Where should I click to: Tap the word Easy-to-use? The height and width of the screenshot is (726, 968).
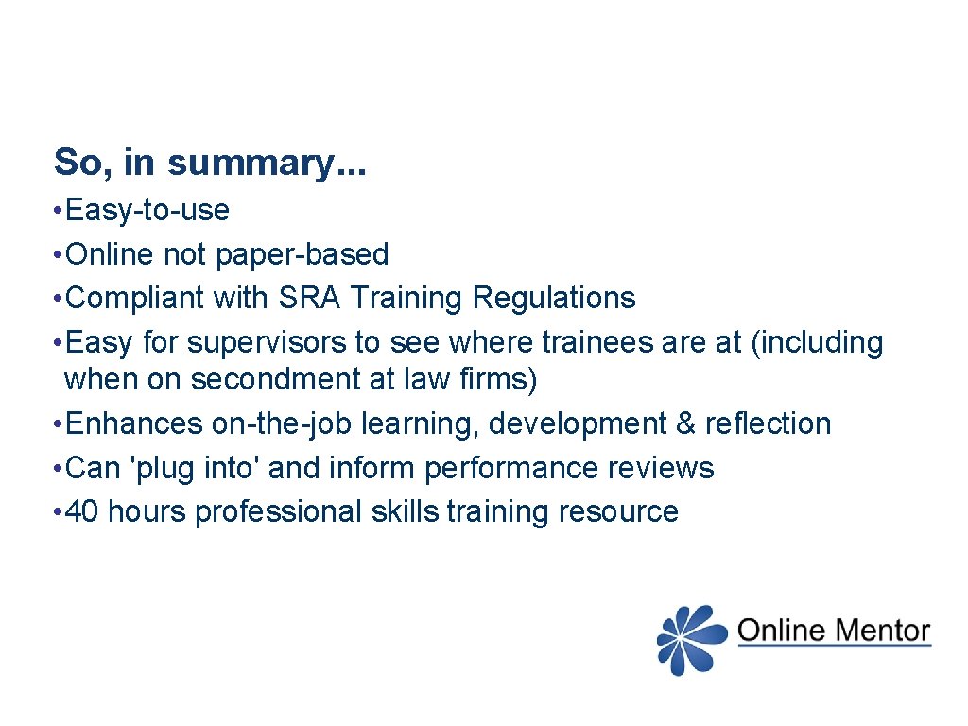click(x=148, y=210)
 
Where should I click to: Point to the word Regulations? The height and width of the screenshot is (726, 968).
click(x=554, y=298)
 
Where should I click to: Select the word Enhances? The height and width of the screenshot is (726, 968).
click(x=135, y=423)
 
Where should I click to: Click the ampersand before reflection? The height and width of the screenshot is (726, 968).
click(x=686, y=423)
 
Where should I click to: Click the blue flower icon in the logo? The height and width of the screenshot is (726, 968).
click(x=691, y=640)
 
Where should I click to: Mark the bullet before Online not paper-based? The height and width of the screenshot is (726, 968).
click(x=59, y=254)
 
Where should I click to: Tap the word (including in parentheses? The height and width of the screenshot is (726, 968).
click(x=817, y=342)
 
